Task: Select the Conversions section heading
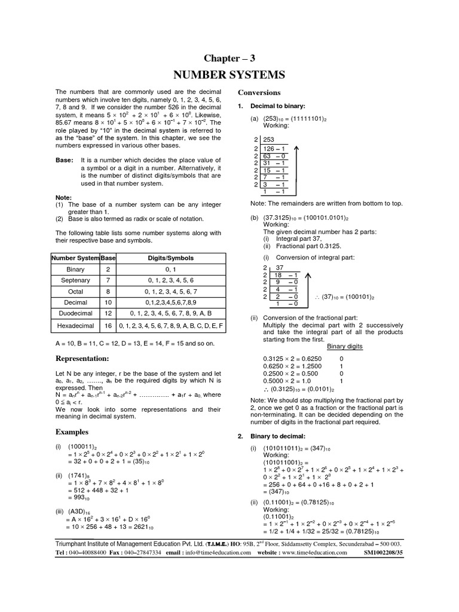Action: (x=259, y=93)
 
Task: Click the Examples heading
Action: (x=72, y=432)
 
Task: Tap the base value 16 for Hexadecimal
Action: (x=108, y=326)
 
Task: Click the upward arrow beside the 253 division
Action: (x=297, y=168)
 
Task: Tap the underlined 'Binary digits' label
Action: (x=345, y=346)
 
